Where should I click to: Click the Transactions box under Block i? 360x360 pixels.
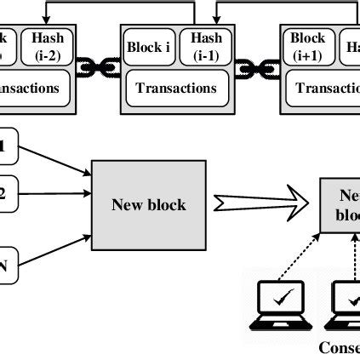click(x=178, y=87)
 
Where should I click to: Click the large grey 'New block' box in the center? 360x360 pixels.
click(x=150, y=204)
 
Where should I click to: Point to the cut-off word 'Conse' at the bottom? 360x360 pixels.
click(x=338, y=347)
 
